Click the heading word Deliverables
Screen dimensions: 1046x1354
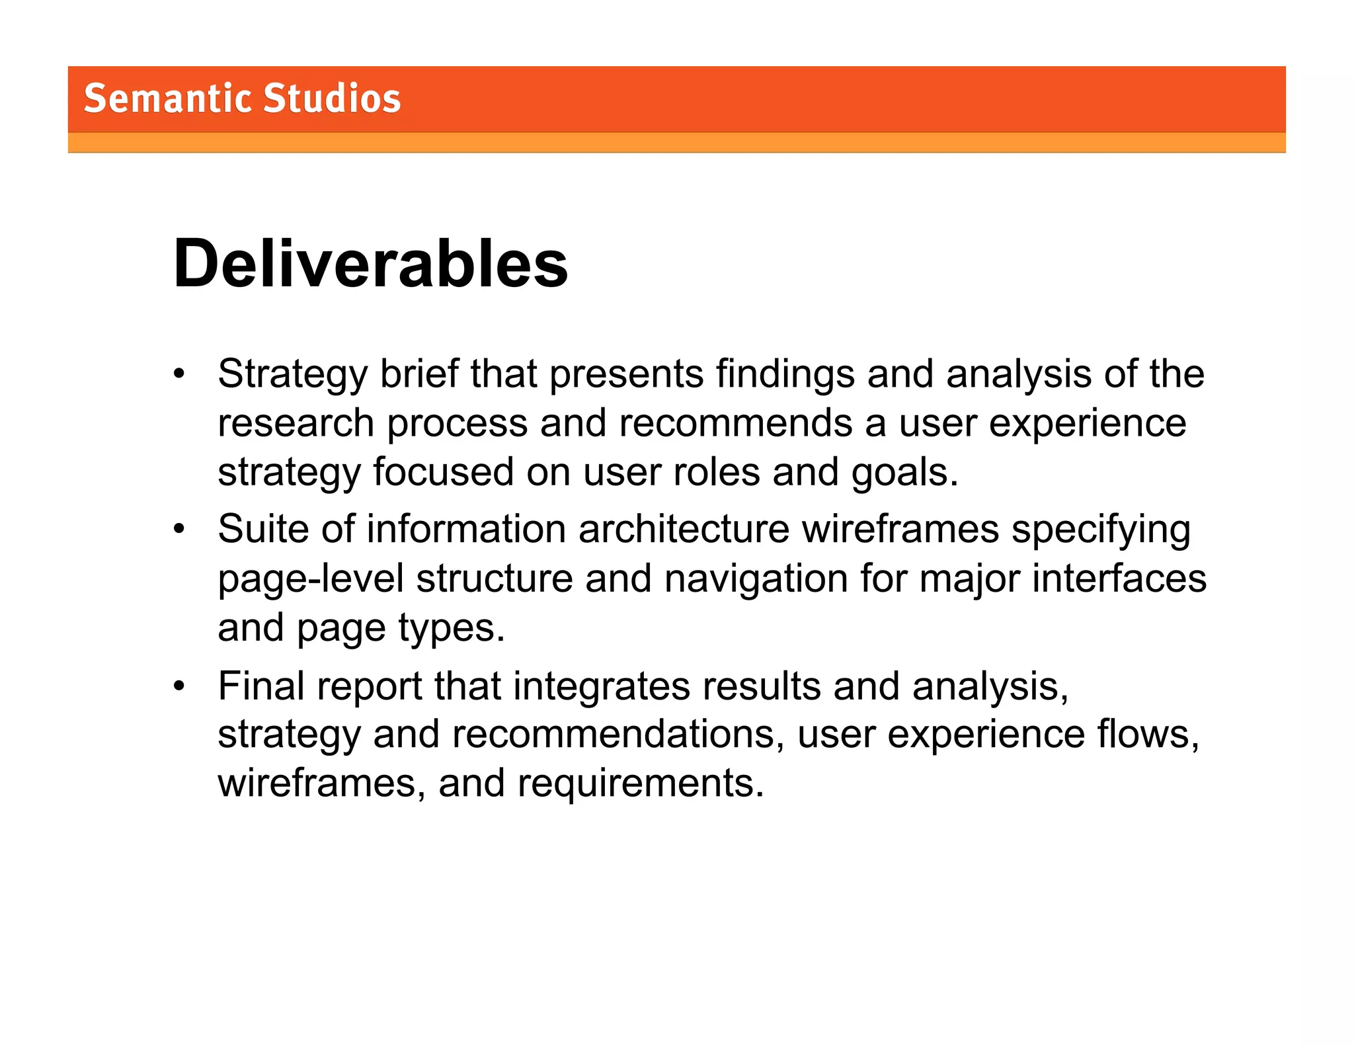370,264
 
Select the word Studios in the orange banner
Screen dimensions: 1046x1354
332,99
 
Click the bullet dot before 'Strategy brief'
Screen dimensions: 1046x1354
179,374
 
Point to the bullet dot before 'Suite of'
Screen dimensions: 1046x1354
179,530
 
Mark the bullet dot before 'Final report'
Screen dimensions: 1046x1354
179,686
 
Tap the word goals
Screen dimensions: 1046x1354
904,472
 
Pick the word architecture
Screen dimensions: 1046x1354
684,530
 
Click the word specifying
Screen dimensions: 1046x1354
1101,530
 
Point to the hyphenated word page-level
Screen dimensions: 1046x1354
311,579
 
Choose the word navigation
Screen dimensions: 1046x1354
756,579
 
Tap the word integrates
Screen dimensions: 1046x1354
601,686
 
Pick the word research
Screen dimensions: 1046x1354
296,423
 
